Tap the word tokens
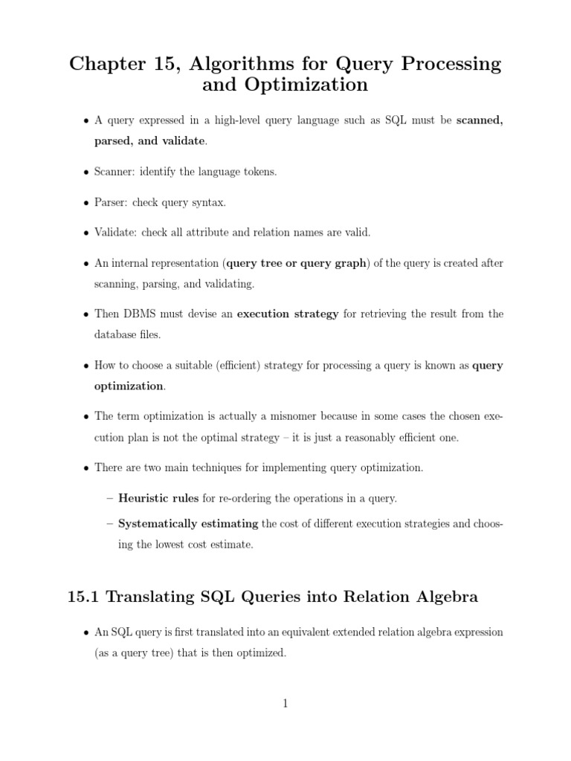coord(259,172)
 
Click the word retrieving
coord(371,314)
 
